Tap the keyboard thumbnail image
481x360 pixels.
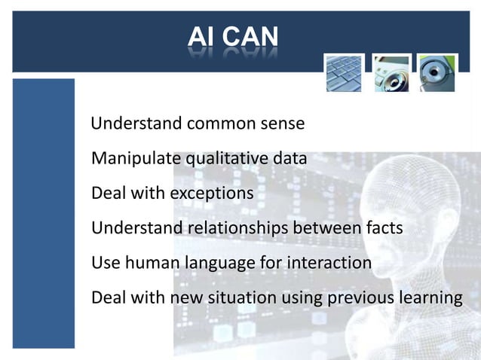344,73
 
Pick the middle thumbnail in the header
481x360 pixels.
391,73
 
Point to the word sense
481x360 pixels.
280,124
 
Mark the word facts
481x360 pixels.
381,228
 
